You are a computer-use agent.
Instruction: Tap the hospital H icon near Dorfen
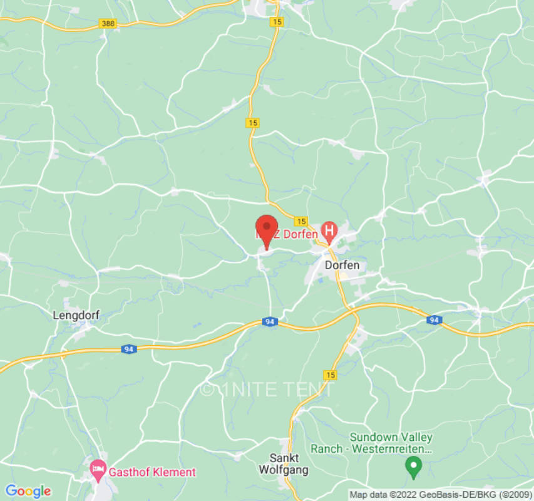[329, 231]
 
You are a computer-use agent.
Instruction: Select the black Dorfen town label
[342, 265]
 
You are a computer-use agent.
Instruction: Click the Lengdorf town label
[76, 315]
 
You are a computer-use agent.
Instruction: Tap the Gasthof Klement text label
[153, 472]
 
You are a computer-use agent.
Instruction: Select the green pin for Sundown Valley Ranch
[413, 465]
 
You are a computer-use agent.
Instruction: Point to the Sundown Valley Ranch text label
[391, 443]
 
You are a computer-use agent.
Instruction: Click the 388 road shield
[108, 23]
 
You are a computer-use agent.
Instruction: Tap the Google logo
[28, 491]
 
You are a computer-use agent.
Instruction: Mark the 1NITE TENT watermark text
[266, 390]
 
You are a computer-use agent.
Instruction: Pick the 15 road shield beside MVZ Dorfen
[301, 221]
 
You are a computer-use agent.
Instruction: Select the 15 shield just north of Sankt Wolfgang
[331, 374]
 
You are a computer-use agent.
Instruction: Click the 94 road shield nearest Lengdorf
[128, 349]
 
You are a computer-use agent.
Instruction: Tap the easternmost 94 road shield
[434, 320]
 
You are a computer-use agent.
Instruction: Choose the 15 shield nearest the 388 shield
[276, 22]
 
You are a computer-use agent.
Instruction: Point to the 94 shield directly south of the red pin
[270, 322]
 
